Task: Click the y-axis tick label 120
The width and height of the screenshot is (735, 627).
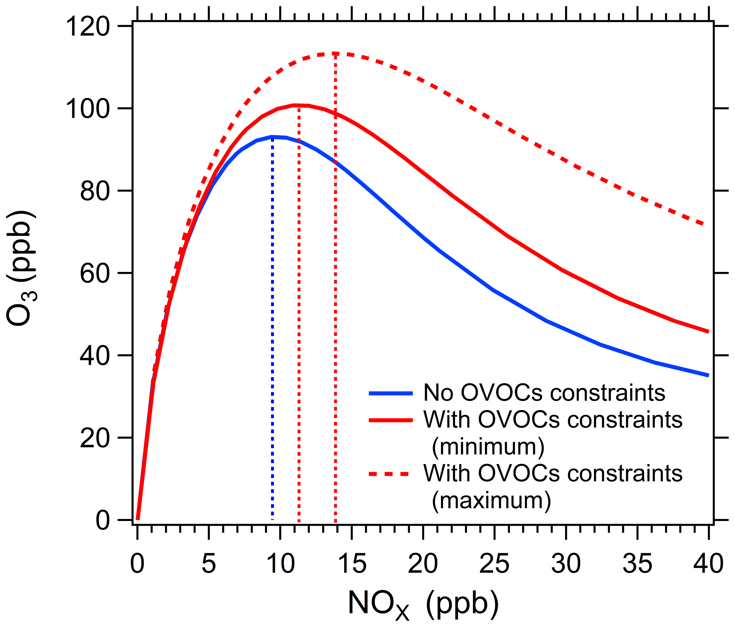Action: point(87,27)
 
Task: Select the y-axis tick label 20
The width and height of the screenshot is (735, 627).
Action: point(94,439)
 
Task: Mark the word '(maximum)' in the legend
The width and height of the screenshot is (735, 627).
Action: point(491,501)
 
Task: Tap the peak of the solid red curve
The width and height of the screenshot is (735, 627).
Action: point(298,105)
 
